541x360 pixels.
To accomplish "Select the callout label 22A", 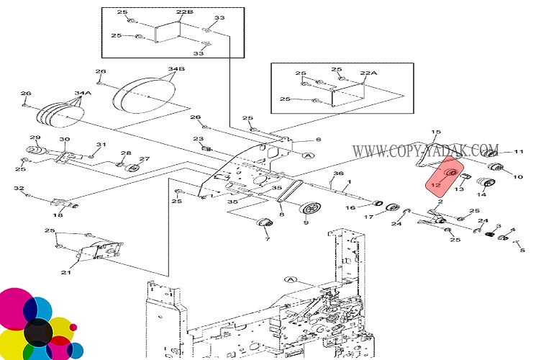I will click(x=368, y=73).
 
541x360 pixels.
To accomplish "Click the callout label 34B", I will click(x=177, y=69).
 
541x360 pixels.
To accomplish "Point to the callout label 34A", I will click(x=83, y=93).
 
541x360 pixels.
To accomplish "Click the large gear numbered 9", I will click(x=312, y=209).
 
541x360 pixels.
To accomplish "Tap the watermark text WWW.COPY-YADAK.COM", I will click(x=425, y=151).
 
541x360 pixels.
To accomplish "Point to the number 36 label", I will click(x=339, y=175).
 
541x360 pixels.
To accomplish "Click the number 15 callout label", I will click(x=435, y=132).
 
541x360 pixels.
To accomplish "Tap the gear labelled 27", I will click(x=132, y=168).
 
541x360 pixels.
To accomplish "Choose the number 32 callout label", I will click(x=19, y=189).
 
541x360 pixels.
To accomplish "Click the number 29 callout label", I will click(x=34, y=138).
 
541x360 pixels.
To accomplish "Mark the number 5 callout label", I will click(x=522, y=251).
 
